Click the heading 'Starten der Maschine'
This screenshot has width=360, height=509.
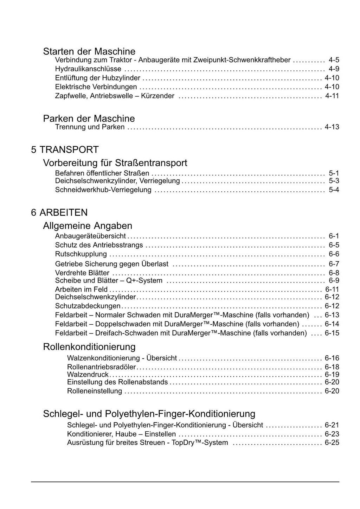pos(89,51)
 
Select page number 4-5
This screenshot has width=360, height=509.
pos(334,60)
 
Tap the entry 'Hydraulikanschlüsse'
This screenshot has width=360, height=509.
pos(88,69)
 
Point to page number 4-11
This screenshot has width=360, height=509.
pos(332,96)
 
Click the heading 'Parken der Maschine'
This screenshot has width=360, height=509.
pos(89,118)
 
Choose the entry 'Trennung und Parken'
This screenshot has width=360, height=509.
pos(90,127)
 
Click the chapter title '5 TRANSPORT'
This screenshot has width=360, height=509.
pos(65,150)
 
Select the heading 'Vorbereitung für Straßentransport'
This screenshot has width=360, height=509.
pos(115,163)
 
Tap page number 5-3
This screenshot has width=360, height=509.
pos(334,181)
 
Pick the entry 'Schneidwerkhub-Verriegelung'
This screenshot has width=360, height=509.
pos(103,190)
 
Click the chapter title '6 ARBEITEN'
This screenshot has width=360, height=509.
pos(59,212)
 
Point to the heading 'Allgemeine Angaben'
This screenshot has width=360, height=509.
pos(88,225)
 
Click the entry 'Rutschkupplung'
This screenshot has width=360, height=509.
pos(81,254)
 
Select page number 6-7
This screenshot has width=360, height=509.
pos(334,264)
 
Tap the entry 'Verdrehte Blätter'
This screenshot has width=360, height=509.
pos(82,273)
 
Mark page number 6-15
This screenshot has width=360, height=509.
pos(332,333)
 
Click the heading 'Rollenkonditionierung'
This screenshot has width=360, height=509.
pos(89,347)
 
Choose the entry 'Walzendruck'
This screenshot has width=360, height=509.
pos(88,375)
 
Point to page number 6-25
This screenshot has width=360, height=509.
pos(332,443)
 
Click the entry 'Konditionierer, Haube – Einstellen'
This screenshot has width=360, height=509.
pos(122,434)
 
